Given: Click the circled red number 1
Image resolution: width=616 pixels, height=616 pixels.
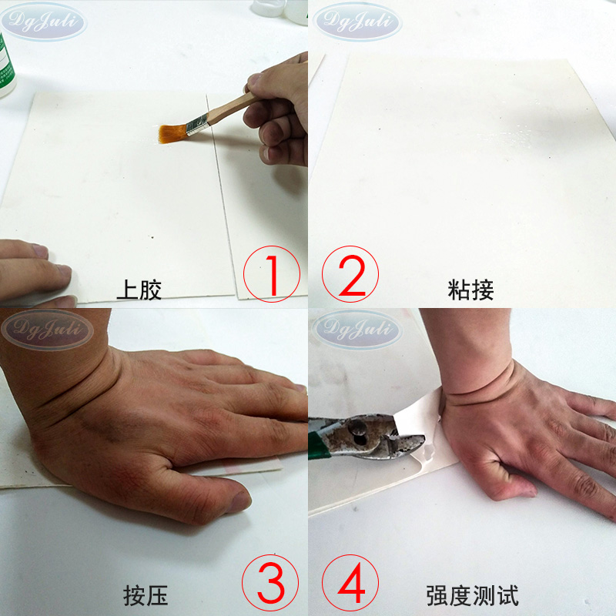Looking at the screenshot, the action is (272, 274).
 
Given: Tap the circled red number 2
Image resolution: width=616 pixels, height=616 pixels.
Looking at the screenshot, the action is (350, 274).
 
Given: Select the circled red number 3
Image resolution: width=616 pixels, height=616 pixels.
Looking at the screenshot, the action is (270, 583).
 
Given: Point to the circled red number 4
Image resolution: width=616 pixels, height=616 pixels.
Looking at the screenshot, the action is (350, 583).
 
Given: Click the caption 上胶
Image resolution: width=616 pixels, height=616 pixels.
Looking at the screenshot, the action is (139, 290).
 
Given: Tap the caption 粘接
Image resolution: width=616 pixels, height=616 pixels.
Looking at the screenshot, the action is (470, 290).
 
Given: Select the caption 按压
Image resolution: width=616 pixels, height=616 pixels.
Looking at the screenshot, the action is (146, 595).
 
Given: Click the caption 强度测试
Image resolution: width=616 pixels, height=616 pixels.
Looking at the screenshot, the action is (473, 595).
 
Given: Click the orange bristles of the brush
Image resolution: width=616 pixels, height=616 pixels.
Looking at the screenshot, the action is (172, 133).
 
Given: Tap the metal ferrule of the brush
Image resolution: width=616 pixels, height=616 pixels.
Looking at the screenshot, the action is (197, 125).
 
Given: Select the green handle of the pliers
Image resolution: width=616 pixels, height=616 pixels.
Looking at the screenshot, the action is (317, 445).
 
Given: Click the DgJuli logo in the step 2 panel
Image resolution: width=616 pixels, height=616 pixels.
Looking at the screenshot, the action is (357, 22).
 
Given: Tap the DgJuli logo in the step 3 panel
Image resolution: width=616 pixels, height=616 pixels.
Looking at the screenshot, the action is (48, 330).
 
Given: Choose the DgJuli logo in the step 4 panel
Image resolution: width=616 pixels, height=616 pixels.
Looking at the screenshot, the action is (357, 329).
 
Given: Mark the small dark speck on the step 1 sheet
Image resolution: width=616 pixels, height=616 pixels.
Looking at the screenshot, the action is (152, 237).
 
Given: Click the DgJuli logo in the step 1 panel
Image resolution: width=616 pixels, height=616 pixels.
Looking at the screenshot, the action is (43, 22).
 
